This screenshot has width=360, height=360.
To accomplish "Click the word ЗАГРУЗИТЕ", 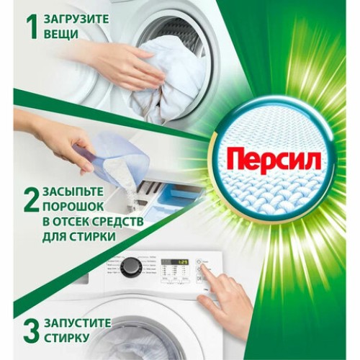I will [x=77, y=18].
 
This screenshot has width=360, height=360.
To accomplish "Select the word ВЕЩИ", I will [x=60, y=34].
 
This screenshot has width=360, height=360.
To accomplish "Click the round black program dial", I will [x=130, y=267].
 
